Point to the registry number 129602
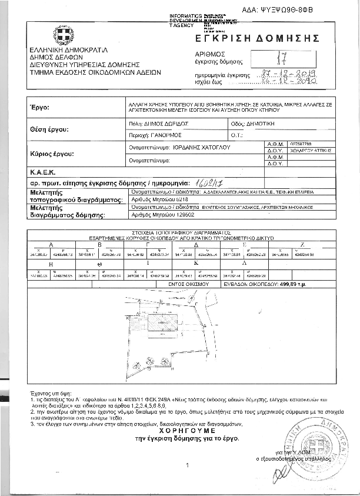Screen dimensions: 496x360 pyautogui.click(x=164, y=216)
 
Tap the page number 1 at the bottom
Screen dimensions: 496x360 pyautogui.click(x=186, y=466)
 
